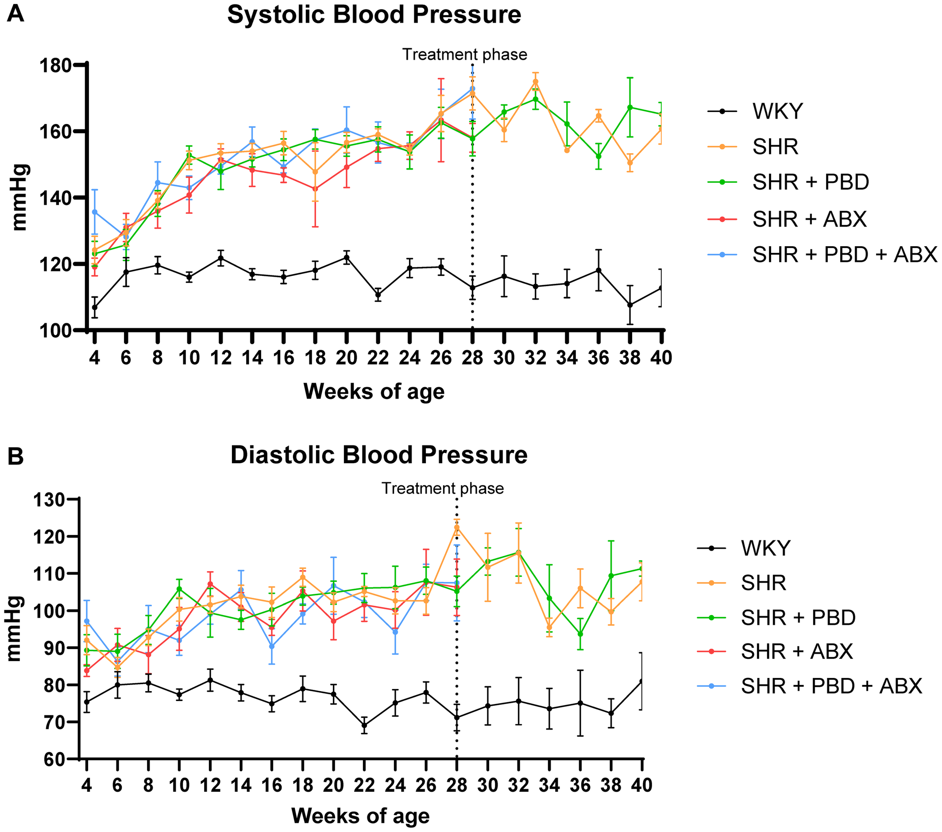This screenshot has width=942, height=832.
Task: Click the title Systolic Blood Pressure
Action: (x=374, y=15)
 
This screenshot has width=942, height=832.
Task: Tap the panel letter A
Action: (x=15, y=13)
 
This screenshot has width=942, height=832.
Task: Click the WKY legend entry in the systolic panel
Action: (x=777, y=111)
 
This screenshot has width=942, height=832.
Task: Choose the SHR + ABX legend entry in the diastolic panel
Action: (x=797, y=651)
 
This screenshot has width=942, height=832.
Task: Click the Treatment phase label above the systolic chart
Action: (x=464, y=54)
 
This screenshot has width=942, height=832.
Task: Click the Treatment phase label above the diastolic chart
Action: (x=442, y=488)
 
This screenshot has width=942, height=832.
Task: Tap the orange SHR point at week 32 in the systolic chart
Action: (x=536, y=81)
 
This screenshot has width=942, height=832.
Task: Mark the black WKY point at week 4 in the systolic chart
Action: (x=94, y=307)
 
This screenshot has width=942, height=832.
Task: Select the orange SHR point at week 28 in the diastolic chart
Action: (x=457, y=527)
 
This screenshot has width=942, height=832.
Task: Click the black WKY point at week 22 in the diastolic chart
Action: (x=364, y=725)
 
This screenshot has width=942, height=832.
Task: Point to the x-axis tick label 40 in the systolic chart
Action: (x=661, y=357)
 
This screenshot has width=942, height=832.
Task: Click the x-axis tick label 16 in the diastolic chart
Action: (x=271, y=785)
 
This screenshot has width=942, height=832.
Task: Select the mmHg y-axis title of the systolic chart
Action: (x=19, y=197)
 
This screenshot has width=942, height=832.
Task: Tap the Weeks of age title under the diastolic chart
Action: (x=360, y=816)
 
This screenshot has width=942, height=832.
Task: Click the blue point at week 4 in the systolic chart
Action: (x=94, y=212)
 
